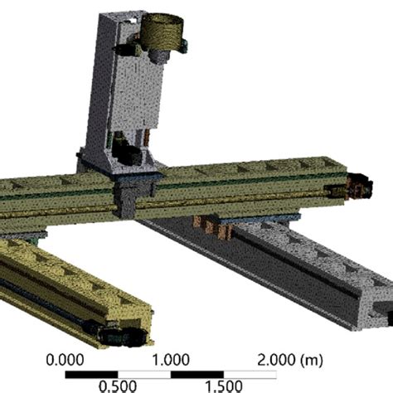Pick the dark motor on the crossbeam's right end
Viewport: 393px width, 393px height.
coord(358,186)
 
